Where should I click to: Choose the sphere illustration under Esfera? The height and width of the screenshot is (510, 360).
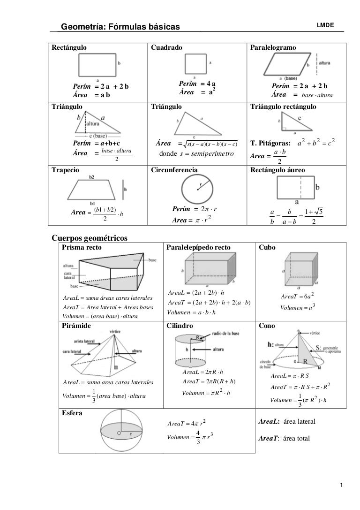pyautogui.click(x=123, y=431)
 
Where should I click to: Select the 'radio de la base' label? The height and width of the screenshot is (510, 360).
pyautogui.click(x=228, y=333)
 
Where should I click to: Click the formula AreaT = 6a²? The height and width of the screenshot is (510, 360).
pyautogui.click(x=297, y=296)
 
